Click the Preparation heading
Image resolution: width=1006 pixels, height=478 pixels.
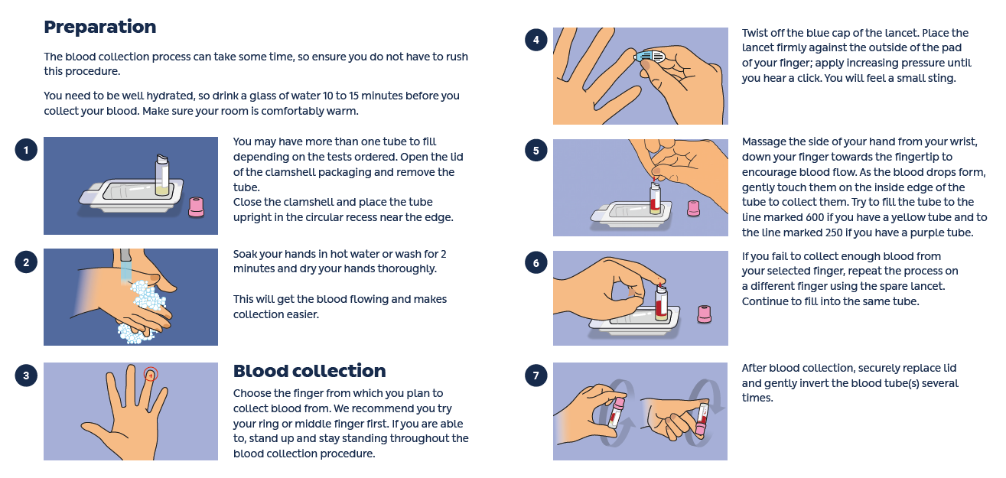click(x=99, y=27)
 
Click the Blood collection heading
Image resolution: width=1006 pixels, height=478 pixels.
click(x=309, y=371)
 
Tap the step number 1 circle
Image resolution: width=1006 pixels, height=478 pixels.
click(x=26, y=150)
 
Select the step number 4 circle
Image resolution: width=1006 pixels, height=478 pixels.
click(x=536, y=40)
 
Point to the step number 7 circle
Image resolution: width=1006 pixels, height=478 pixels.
click(x=536, y=376)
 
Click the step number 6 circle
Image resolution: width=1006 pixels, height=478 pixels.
click(x=536, y=262)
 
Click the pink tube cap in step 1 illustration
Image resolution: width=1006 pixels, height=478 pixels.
click(x=197, y=207)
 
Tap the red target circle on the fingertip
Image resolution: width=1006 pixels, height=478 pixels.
click(x=151, y=374)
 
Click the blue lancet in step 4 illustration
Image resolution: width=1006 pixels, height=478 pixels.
click(x=650, y=57)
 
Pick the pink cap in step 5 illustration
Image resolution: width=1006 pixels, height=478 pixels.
click(x=693, y=208)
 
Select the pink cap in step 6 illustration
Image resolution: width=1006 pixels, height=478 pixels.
click(x=704, y=314)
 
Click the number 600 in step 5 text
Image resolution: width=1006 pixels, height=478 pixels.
click(x=815, y=218)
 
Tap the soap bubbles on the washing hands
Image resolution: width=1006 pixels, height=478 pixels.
click(x=146, y=295)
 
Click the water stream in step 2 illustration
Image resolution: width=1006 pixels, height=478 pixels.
click(x=126, y=271)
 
